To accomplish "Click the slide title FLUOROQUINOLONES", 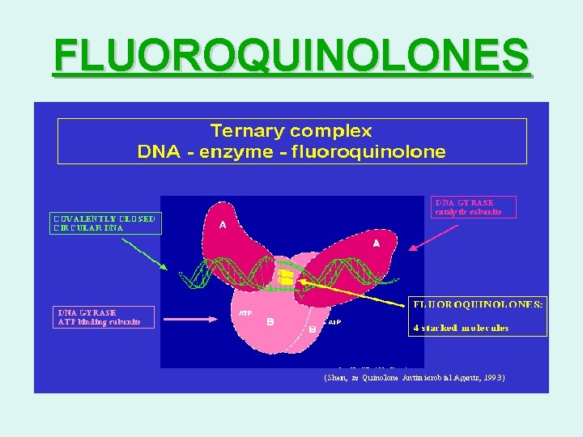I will point(291,56).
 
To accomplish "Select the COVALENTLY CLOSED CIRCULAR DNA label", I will point(105,223).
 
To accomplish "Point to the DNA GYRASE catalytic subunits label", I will point(473,206).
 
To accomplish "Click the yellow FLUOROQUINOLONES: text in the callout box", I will point(479,304).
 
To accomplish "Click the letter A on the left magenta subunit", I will point(222,226).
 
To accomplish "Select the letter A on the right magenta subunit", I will point(376,243).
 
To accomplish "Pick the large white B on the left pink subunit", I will point(270,321).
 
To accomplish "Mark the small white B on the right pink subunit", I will point(313,330).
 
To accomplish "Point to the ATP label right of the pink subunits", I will point(334,321).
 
